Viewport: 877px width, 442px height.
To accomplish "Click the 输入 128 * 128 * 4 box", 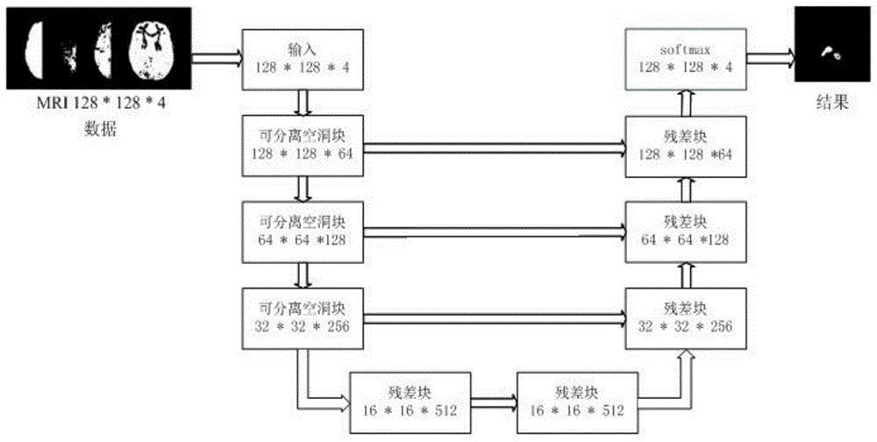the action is point(303,60).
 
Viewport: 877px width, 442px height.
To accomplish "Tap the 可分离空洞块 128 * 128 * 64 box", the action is point(303,146).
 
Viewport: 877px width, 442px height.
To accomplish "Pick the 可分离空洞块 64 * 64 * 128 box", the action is point(303,232).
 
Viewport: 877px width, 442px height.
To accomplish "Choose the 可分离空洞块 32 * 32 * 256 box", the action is point(303,318).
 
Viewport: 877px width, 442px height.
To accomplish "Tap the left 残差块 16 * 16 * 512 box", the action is point(410,403).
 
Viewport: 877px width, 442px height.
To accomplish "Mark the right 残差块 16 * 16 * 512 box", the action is point(577,403).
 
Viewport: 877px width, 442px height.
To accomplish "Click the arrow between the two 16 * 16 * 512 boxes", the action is point(494,402).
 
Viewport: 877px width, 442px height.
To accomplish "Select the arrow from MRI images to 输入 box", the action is point(217,56).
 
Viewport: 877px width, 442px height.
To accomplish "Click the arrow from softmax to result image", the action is point(770,56).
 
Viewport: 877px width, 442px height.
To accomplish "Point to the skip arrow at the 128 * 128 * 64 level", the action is point(495,148).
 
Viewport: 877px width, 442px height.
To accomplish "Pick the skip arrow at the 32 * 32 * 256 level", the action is point(495,319).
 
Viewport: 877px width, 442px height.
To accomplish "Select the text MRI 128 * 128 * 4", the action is point(100,103).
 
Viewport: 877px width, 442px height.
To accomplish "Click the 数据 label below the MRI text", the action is point(101,130).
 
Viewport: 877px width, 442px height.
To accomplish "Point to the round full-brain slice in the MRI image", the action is point(153,51).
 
